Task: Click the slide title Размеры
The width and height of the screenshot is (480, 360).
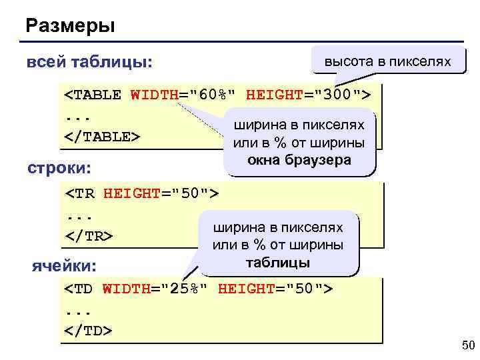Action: (71, 27)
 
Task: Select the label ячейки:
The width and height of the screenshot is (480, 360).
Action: (65, 267)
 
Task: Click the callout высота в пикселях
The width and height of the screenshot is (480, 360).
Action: (387, 62)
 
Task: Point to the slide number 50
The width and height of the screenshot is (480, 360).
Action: (467, 345)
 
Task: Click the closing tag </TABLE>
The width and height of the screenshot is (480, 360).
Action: (102, 137)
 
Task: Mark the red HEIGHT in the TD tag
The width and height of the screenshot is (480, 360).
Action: (243, 289)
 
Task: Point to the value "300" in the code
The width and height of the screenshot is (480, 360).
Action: (336, 95)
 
